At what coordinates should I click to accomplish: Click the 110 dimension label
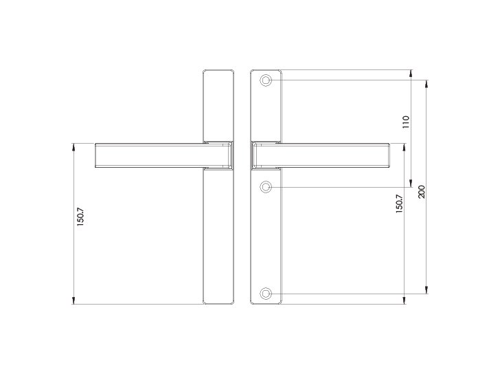point(405,122)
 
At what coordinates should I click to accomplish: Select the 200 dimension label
point(421,192)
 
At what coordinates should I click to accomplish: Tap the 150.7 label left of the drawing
point(80,217)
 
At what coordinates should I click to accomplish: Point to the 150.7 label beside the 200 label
point(399,203)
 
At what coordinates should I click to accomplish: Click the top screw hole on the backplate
point(266,80)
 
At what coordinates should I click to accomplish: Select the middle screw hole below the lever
point(266,187)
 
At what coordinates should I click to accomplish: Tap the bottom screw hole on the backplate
point(266,294)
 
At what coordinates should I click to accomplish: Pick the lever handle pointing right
point(321,155)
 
